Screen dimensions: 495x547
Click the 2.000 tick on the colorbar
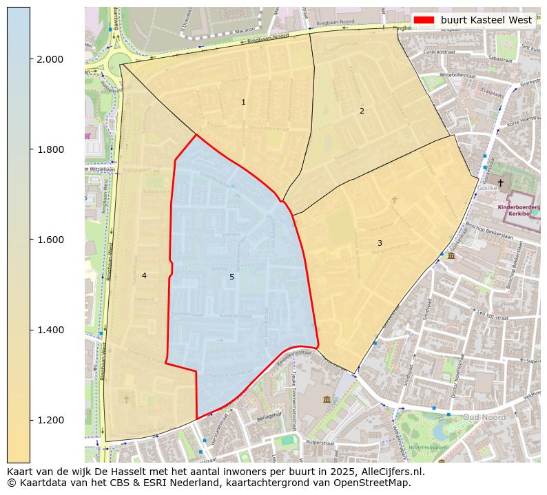tap(49, 59)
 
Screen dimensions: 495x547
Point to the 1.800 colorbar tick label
tap(49, 149)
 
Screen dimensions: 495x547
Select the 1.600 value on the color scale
tap(49, 240)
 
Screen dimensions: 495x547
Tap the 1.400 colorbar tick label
tap(49, 330)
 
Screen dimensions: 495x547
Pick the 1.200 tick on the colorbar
tap(49, 420)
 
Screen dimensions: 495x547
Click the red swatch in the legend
tap(424, 20)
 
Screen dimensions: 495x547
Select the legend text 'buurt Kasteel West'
tap(486, 20)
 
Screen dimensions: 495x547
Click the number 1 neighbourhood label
tap(243, 102)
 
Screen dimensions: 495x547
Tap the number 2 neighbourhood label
tap(362, 111)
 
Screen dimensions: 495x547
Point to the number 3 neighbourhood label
tap(380, 243)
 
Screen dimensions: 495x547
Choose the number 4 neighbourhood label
tap(144, 275)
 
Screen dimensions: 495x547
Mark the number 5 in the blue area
tap(231, 277)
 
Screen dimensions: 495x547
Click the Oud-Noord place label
tap(484, 417)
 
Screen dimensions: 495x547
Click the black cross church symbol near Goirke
tap(500, 183)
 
